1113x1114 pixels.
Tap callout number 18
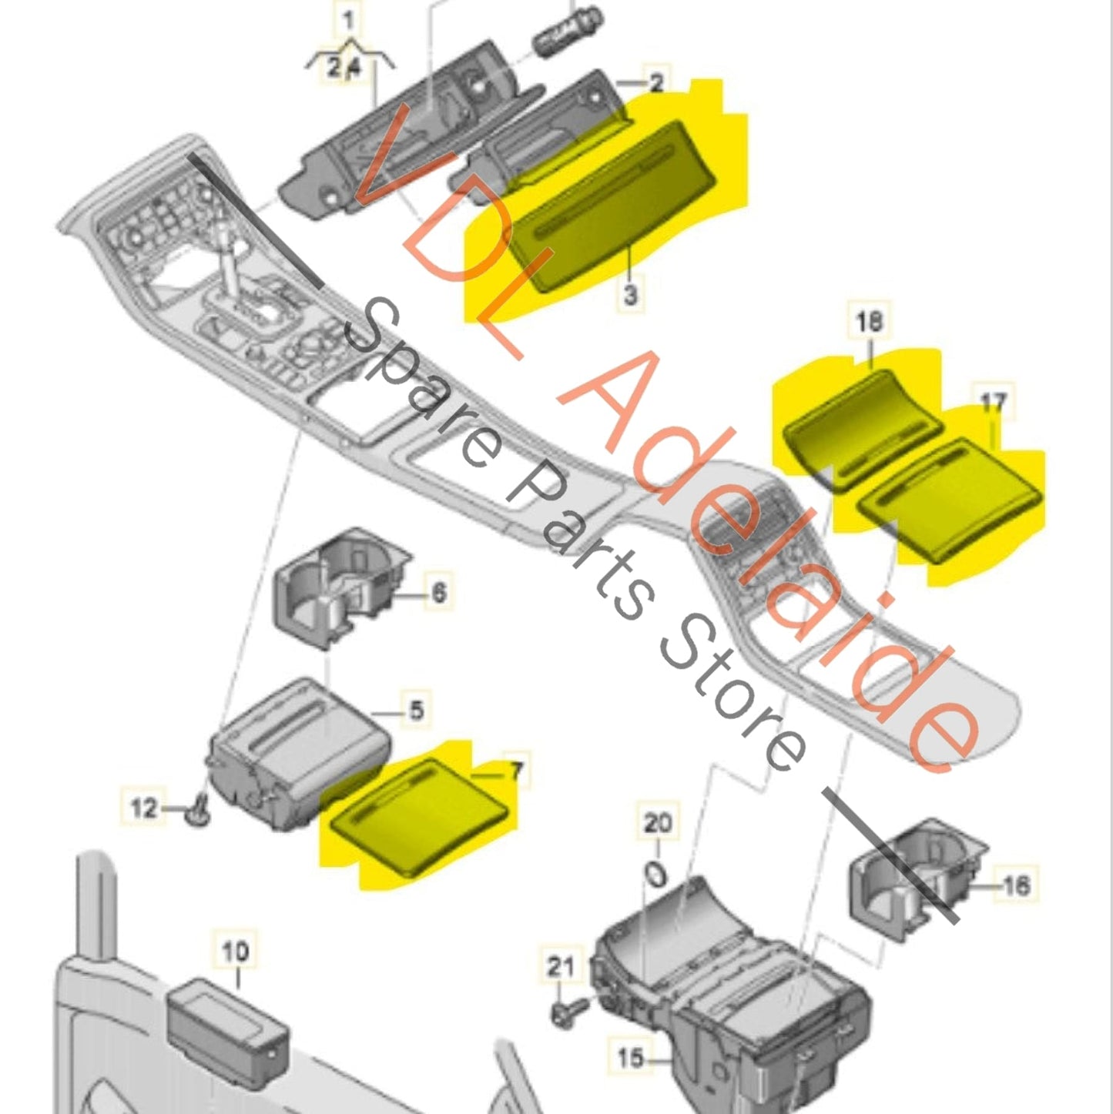point(869,322)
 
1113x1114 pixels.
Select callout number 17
point(993,402)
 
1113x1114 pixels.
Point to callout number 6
point(438,593)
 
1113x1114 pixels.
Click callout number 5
point(416,709)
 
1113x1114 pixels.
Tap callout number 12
point(144,808)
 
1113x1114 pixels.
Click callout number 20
point(657,823)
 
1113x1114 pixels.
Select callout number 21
point(560,966)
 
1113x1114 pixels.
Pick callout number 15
point(630,1058)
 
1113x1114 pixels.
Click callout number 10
point(236,951)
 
